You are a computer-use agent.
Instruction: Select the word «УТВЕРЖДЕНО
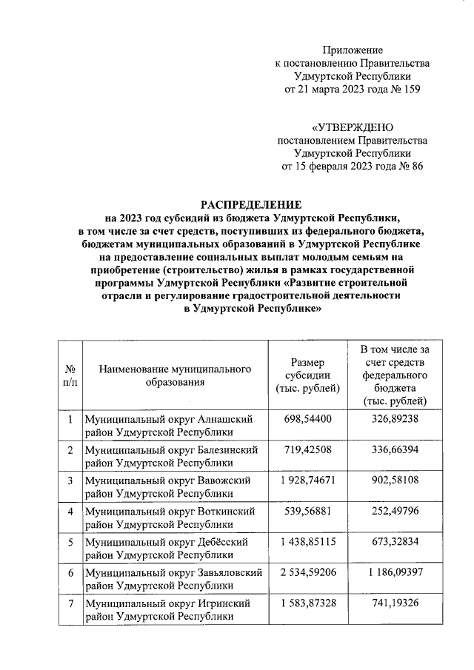point(352,127)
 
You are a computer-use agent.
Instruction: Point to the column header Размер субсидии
point(307,375)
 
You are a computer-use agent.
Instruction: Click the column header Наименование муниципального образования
point(173,375)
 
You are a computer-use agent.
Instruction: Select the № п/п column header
point(70,375)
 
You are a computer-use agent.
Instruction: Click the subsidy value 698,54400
point(307,420)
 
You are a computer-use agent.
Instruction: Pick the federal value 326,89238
point(394,420)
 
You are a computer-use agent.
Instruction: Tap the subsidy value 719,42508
point(307,450)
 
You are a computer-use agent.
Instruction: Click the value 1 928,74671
point(307,480)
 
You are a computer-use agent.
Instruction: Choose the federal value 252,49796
point(394,511)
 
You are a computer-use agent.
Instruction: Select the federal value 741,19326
point(394,603)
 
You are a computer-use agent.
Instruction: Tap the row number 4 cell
point(70,512)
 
